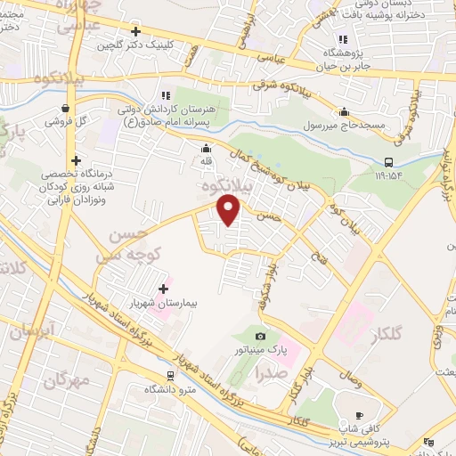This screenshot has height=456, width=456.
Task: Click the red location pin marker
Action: click(230, 210)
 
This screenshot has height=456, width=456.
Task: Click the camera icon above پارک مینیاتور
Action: click(259, 336)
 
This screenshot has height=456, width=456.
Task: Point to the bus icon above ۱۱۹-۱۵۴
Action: click(387, 162)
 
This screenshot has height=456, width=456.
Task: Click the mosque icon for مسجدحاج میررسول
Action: click(345, 111)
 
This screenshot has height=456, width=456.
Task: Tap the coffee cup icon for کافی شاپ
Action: click(359, 415)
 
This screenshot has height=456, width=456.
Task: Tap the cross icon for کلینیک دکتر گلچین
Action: click(134, 30)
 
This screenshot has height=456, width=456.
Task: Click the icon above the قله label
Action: click(207, 149)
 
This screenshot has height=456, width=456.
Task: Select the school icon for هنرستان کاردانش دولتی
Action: click(165, 95)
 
